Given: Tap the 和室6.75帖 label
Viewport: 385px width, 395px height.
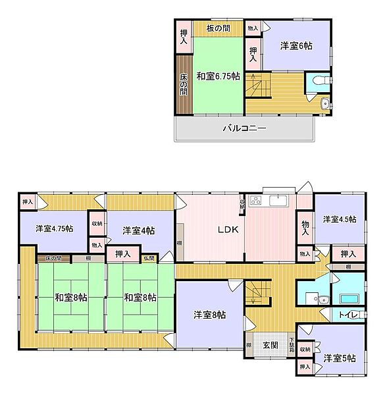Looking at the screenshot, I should pyautogui.click(x=217, y=76).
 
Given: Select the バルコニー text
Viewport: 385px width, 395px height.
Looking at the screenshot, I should pyautogui.click(x=244, y=128).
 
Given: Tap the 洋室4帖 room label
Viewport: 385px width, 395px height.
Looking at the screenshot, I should pyautogui.click(x=139, y=230).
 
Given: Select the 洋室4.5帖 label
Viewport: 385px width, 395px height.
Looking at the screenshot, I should pyautogui.click(x=339, y=219).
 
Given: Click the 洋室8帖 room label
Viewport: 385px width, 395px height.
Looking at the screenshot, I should pyautogui.click(x=209, y=315).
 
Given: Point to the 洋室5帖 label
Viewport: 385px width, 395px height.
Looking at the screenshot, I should pyautogui.click(x=340, y=358).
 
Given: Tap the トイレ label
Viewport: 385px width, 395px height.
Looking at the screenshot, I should pyautogui.click(x=348, y=315).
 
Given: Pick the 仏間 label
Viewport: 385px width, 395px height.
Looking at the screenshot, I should pyautogui.click(x=149, y=258).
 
